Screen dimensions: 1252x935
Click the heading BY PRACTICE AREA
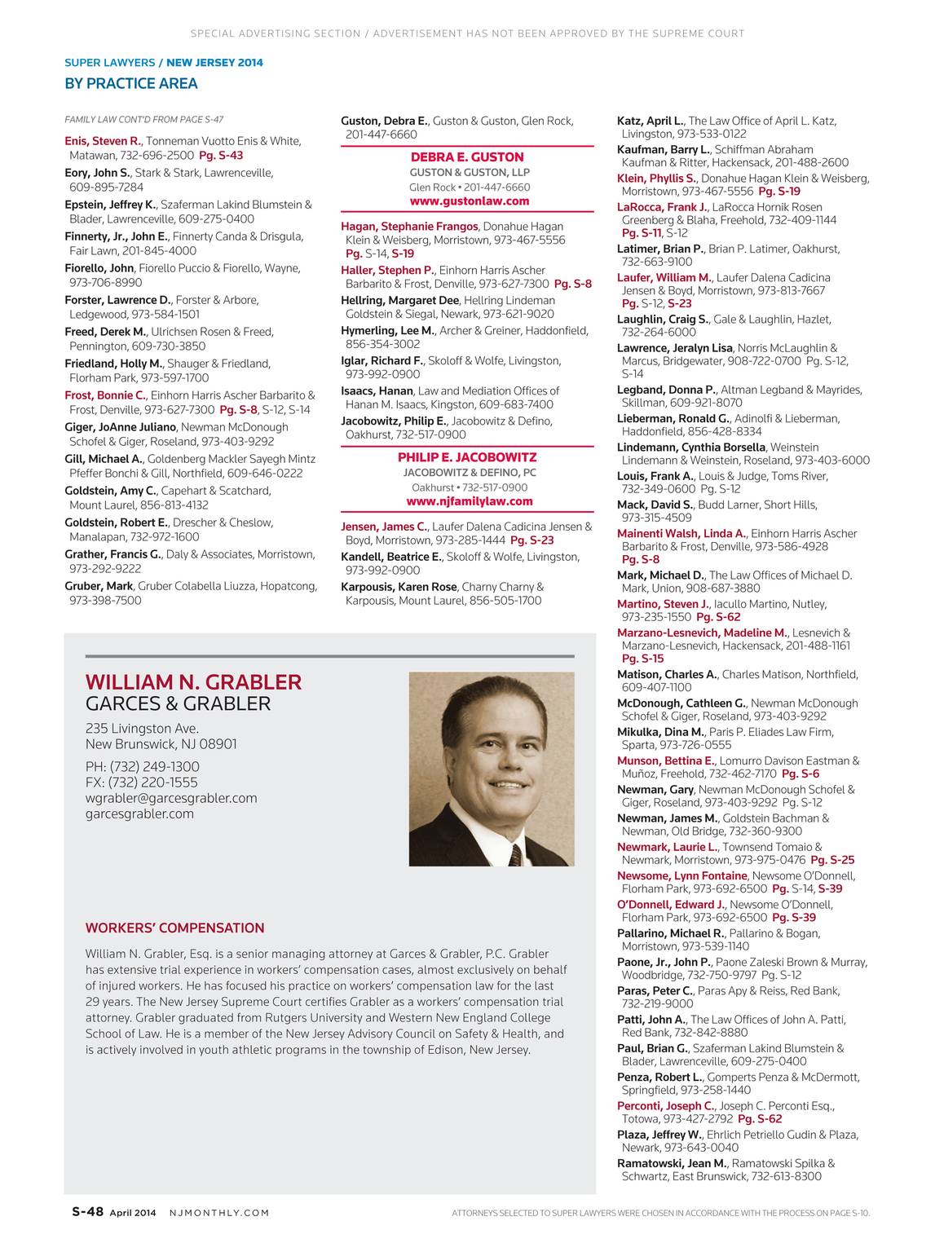[130, 83]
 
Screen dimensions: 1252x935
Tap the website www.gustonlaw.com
[469, 201]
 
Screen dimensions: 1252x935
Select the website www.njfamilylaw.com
[469, 502]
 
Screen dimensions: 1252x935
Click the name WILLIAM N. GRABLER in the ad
[193, 682]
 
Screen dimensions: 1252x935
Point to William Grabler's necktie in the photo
[515, 855]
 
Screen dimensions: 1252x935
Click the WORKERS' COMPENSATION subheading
[174, 928]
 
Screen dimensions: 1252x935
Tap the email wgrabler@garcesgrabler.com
[171, 798]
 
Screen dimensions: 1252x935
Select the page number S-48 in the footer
[84, 1212]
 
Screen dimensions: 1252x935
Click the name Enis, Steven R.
[103, 141]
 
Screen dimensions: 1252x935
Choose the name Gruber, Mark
[99, 586]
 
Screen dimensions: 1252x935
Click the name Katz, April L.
[651, 121]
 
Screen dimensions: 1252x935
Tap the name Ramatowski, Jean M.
[671, 1163]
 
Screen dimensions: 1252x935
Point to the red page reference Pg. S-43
[221, 155]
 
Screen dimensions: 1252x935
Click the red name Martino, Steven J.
[663, 604]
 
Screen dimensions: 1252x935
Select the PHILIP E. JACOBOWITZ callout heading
[467, 457]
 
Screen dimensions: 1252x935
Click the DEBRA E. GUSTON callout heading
[467, 157]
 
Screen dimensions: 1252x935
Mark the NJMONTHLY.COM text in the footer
[218, 1213]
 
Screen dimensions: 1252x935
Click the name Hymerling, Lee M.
[387, 331]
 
